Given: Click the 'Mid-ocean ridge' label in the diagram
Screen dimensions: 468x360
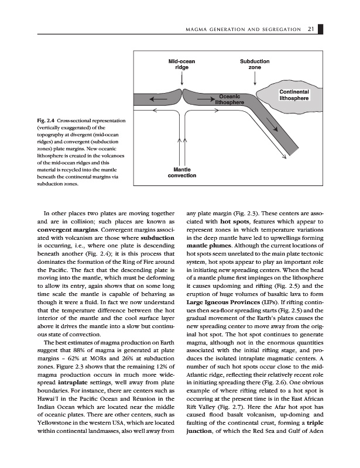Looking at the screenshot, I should pos(181,64).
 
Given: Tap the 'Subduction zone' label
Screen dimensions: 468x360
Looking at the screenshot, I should pos(255,64).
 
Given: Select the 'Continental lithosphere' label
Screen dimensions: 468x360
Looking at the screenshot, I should pos(294,95).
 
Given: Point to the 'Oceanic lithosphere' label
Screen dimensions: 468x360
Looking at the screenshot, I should pos(231,99).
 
